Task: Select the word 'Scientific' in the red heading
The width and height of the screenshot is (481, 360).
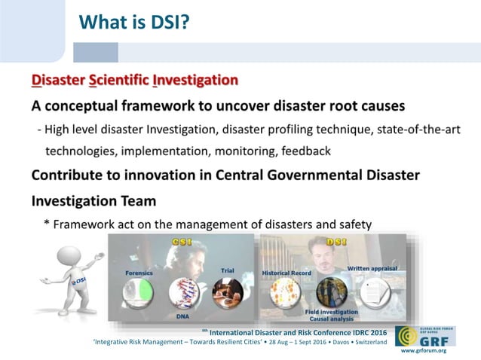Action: (117, 80)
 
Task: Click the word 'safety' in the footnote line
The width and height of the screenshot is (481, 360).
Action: (352, 224)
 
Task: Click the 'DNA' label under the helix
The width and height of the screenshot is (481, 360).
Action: (183, 317)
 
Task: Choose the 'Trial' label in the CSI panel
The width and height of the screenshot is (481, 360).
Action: (227, 270)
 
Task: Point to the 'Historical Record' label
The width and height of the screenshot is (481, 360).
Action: (285, 273)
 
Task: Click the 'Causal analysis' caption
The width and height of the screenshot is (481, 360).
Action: (329, 318)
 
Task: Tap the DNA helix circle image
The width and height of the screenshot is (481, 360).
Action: (183, 294)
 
